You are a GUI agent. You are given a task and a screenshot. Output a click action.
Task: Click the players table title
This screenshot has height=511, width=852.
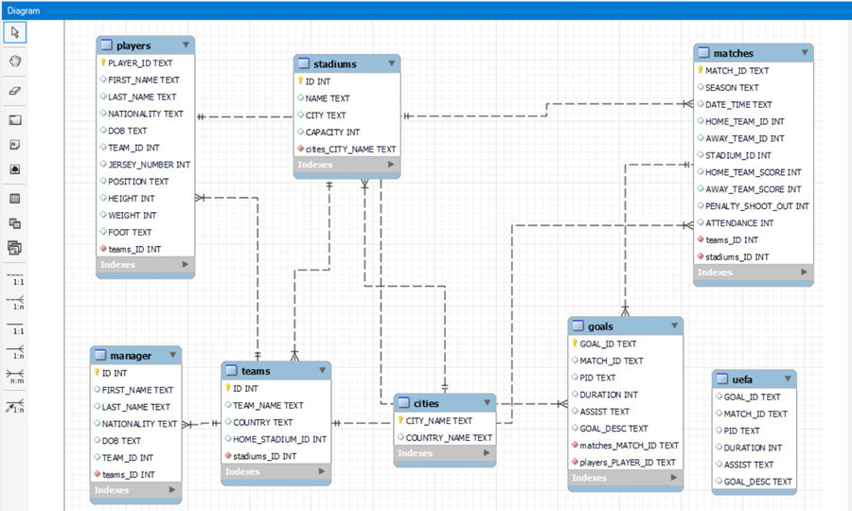pyautogui.click(x=133, y=45)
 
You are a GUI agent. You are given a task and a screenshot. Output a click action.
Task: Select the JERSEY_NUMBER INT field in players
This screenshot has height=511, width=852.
pyautogui.click(x=149, y=165)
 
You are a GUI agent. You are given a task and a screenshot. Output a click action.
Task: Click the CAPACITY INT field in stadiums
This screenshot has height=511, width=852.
pyautogui.click(x=331, y=132)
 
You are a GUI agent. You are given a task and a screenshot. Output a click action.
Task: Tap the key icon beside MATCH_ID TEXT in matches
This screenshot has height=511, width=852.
pyautogui.click(x=701, y=71)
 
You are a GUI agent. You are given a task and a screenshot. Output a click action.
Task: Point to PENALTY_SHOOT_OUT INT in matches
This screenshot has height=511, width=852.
pyautogui.click(x=756, y=206)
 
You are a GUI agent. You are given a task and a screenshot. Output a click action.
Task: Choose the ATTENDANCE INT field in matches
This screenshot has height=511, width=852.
pyautogui.click(x=738, y=223)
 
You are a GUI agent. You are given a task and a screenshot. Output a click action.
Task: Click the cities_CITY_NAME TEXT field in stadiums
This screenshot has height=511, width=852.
pyautogui.click(x=350, y=150)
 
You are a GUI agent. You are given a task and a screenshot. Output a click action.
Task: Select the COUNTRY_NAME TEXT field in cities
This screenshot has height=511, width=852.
pyautogui.click(x=449, y=438)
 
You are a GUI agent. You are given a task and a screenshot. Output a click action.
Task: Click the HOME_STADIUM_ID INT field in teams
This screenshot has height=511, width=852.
pyautogui.click(x=279, y=439)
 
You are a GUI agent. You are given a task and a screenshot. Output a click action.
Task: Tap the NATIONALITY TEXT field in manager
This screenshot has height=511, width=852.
pyautogui.click(x=139, y=424)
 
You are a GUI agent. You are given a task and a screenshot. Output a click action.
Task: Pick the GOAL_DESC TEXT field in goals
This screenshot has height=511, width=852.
pyautogui.click(x=613, y=429)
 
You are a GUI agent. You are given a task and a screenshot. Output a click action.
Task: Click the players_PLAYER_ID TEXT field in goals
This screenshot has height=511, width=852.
pyautogui.click(x=628, y=463)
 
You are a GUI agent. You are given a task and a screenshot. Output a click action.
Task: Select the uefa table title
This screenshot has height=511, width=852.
pyautogui.click(x=742, y=379)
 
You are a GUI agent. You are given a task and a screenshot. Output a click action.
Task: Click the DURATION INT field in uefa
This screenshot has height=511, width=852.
pyautogui.click(x=753, y=448)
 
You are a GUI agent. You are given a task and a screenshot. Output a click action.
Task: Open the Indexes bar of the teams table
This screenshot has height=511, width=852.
pyautogui.click(x=275, y=471)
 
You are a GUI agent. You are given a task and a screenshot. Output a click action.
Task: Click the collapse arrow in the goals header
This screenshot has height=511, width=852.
pyautogui.click(x=675, y=326)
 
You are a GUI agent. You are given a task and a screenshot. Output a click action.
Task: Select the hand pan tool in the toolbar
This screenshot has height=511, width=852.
pyautogui.click(x=14, y=62)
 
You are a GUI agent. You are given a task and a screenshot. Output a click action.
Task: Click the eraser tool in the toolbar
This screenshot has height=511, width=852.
pyautogui.click(x=14, y=92)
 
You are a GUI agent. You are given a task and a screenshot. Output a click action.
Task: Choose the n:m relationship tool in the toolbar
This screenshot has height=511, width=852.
pyautogui.click(x=15, y=376)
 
